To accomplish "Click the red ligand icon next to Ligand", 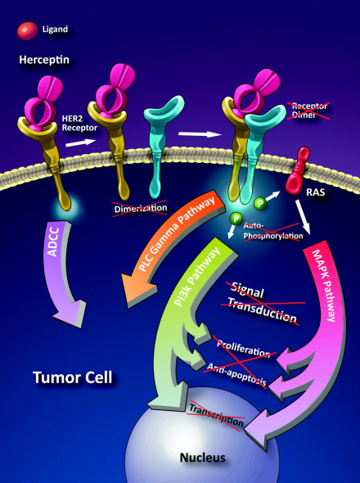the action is [x=27, y=30].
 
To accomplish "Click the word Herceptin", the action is [x=44, y=60].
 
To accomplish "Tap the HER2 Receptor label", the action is [x=79, y=123].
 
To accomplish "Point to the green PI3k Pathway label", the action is [x=197, y=278].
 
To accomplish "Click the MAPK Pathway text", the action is [x=324, y=286].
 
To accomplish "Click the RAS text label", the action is [x=315, y=192].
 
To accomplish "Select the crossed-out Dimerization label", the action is [x=141, y=208].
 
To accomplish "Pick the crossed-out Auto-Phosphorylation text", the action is [x=272, y=231].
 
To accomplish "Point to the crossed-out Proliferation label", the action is [x=243, y=347].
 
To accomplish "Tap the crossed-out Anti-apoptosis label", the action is [x=236, y=374].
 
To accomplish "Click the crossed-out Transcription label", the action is [x=216, y=414].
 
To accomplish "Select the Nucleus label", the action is [x=202, y=458].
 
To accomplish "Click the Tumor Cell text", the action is [x=73, y=377].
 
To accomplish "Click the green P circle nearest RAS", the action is [x=260, y=203].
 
